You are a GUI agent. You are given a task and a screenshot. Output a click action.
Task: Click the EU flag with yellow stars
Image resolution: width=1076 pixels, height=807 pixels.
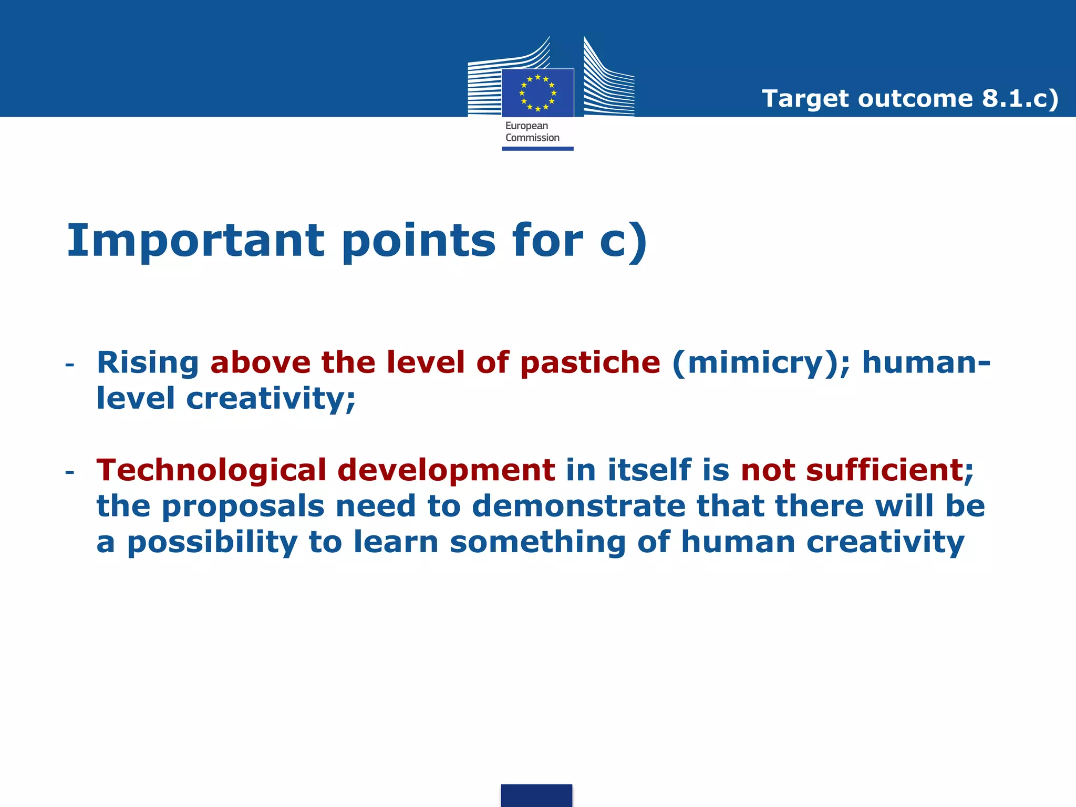[537, 93]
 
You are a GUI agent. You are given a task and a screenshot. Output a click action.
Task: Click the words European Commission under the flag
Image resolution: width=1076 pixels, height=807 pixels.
[532, 132]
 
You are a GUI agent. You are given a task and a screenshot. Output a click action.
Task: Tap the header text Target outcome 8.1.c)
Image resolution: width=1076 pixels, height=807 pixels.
[909, 99]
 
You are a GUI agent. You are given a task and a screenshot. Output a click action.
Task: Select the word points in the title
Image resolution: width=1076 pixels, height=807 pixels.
[418, 241]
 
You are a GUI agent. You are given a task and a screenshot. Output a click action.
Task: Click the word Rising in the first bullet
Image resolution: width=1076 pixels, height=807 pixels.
[148, 363]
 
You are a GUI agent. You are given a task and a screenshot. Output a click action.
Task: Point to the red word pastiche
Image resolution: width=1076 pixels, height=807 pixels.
[590, 363]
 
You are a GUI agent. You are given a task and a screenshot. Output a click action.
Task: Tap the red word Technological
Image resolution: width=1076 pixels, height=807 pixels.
[211, 470]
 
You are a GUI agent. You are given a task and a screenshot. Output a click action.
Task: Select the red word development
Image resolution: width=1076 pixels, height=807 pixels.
[446, 470]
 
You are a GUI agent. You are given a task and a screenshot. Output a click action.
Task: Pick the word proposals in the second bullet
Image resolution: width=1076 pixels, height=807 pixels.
[243, 506]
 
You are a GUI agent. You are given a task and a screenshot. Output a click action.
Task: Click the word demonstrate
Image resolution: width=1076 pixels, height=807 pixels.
[578, 506]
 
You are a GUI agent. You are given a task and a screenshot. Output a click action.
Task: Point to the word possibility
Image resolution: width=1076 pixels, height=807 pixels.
[212, 543]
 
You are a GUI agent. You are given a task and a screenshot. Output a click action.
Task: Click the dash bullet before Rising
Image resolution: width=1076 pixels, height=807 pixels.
[69, 365]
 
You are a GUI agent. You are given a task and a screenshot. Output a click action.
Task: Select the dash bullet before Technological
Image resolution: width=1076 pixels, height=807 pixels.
[69, 472]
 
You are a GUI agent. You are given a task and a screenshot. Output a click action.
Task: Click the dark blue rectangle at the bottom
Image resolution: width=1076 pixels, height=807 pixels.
[536, 795]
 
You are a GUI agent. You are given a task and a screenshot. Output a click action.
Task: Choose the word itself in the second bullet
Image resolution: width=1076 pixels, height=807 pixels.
[649, 470]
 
